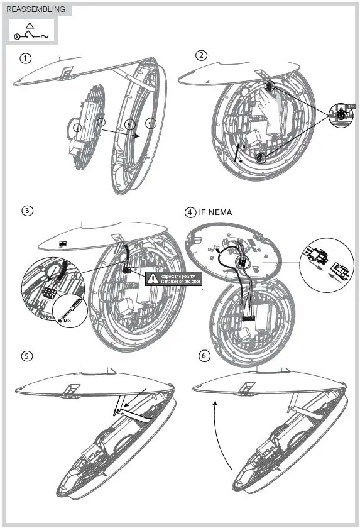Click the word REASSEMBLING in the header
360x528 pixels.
tap(35, 9)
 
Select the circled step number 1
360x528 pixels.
tap(26, 58)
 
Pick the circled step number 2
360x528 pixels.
tap(201, 55)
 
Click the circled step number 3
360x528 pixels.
tap(27, 211)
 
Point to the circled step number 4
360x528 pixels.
tap(190, 212)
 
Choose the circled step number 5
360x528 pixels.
tap(27, 356)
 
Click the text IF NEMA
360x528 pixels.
tap(215, 212)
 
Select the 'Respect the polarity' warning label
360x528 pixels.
tap(173, 278)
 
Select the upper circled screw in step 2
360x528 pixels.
tap(268, 86)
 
